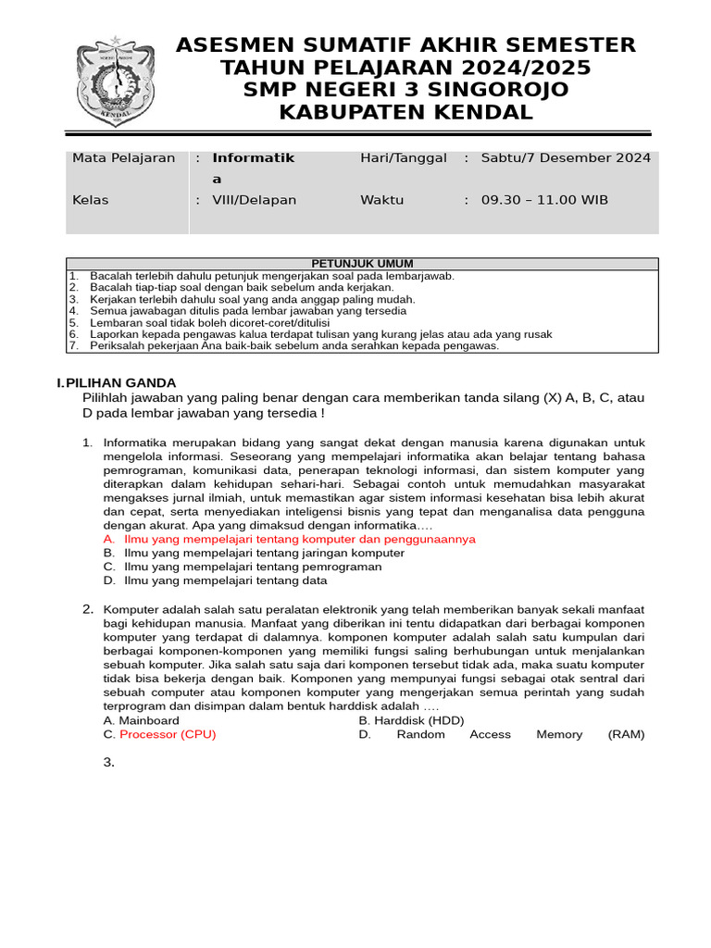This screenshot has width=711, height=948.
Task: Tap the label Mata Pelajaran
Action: (x=123, y=158)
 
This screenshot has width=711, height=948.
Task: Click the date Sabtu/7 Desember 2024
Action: (x=566, y=158)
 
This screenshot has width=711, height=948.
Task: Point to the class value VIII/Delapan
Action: (x=255, y=200)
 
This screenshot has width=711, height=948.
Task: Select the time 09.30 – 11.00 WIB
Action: (x=544, y=200)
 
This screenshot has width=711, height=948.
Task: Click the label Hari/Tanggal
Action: (x=404, y=158)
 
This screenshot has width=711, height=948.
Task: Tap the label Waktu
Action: (x=381, y=200)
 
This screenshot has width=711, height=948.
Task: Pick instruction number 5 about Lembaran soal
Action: (x=204, y=323)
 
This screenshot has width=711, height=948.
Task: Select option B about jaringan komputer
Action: (x=263, y=553)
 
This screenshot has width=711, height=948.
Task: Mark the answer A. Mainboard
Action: (x=142, y=720)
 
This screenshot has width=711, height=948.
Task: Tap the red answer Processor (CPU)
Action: (x=168, y=734)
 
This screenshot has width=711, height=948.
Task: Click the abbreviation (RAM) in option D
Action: (x=626, y=734)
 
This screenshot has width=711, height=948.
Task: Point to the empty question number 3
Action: (x=109, y=762)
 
